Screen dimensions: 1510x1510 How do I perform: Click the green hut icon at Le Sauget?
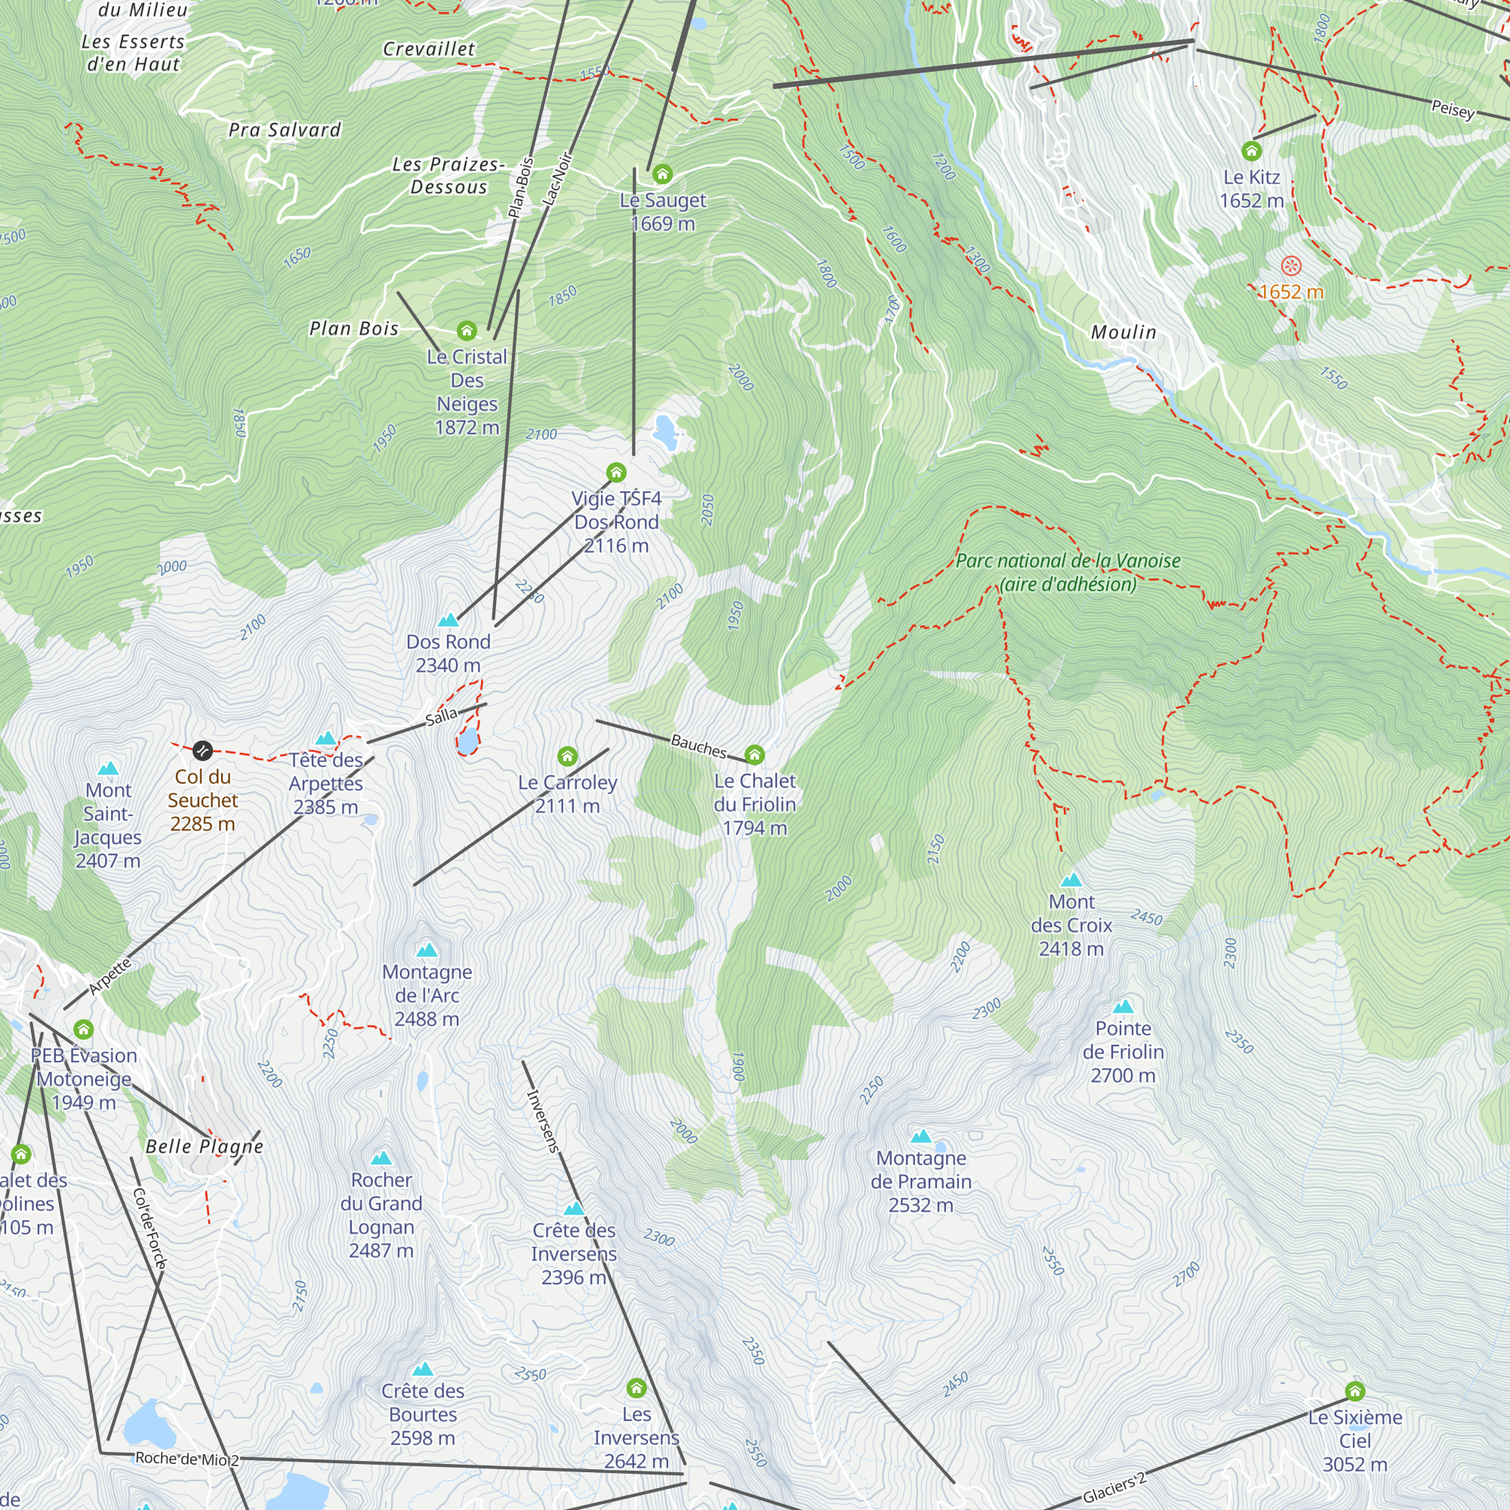point(663,174)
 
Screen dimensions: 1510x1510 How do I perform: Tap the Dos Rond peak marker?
point(448,621)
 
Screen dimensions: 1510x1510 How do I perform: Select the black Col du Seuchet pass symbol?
point(202,750)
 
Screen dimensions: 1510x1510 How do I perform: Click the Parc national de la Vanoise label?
point(1068,572)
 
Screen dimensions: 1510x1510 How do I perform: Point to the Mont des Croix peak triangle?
point(1071,880)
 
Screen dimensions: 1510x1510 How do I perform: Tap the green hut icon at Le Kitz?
point(1251,150)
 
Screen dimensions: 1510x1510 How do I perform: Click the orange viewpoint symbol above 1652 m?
point(1291,267)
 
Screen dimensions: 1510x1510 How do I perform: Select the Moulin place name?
point(1123,332)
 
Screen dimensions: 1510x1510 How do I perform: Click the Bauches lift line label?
point(698,747)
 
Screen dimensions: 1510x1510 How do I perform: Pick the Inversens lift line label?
point(542,1120)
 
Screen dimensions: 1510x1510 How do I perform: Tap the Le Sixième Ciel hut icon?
point(1354,1391)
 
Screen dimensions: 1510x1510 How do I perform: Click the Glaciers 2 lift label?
point(1114,1487)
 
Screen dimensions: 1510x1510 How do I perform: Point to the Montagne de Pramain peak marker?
point(921,1136)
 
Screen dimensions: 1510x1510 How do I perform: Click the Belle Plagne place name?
point(205,1147)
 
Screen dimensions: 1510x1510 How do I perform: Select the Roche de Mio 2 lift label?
point(186,1459)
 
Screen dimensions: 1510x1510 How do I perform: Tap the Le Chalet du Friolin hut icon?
point(754,755)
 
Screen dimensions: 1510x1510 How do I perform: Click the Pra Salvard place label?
point(285,130)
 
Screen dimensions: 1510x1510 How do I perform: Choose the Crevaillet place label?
point(428,49)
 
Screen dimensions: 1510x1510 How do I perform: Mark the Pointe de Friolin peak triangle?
point(1123,1006)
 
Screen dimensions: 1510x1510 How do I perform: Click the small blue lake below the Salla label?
point(467,741)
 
